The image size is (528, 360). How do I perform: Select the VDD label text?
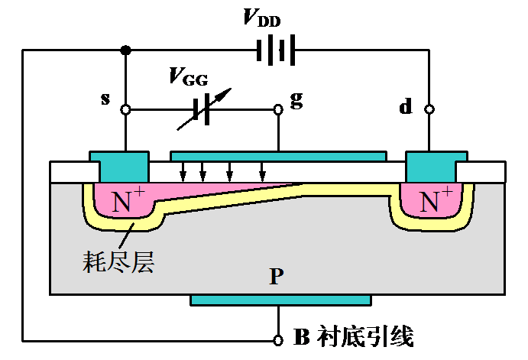(x=262, y=18)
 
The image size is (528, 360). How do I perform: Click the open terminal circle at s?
(x=125, y=110)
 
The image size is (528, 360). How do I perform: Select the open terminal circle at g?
(x=278, y=109)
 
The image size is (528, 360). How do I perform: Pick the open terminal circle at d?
(x=429, y=110)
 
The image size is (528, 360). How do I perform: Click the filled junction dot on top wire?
(x=125, y=51)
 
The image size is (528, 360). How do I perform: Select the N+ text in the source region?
(x=126, y=202)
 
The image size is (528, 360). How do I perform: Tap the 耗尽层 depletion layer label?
(x=118, y=262)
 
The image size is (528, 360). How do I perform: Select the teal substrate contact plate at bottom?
(x=280, y=300)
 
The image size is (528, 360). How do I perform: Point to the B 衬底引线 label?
(x=354, y=336)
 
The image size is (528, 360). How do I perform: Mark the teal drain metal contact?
(x=432, y=165)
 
